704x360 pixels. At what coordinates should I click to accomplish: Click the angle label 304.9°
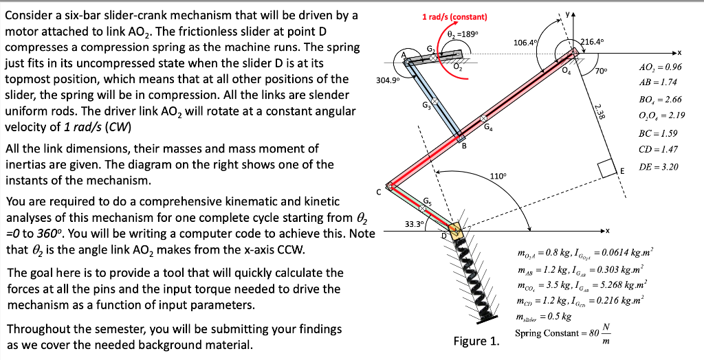point(386,80)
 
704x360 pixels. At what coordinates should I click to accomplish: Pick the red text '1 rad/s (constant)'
point(454,17)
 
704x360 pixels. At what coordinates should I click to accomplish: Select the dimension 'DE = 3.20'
point(660,166)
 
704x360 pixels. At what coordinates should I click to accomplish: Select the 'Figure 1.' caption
point(476,341)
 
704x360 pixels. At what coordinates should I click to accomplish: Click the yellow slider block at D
point(454,229)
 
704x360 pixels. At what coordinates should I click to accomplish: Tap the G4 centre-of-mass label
point(488,126)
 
